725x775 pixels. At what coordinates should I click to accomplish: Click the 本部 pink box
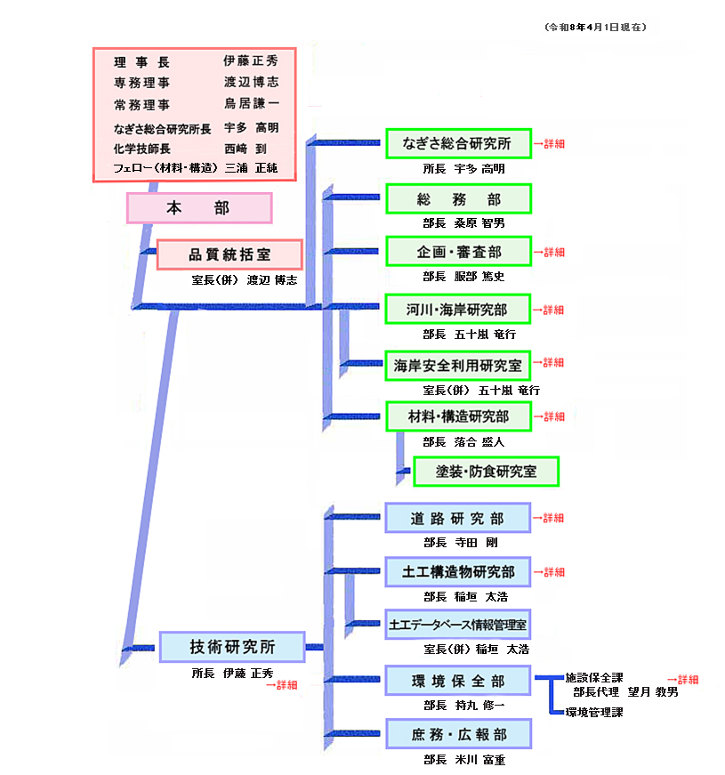[x=198, y=208]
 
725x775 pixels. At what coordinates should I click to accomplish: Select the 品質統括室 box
[x=230, y=254]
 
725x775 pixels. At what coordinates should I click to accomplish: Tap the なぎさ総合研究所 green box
[x=457, y=143]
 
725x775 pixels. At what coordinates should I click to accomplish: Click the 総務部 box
[x=457, y=198]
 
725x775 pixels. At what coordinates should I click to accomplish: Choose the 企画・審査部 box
[x=457, y=252]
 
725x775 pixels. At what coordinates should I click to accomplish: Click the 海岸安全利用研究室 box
[x=457, y=364]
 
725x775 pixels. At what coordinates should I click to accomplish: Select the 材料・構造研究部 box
[x=457, y=416]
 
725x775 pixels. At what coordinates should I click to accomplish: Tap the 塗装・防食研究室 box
[x=486, y=472]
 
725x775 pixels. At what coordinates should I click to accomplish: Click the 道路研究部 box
[x=457, y=518]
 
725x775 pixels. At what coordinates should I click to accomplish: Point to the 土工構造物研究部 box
[x=457, y=572]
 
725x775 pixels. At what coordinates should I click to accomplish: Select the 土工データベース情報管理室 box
[x=457, y=626]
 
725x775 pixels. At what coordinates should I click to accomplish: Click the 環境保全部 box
[x=457, y=681]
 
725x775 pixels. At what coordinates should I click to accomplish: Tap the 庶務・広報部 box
[x=457, y=734]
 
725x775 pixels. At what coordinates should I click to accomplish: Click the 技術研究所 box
[x=231, y=647]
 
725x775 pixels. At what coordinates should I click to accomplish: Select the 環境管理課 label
[x=594, y=712]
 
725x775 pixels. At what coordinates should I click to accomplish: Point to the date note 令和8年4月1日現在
[x=595, y=28]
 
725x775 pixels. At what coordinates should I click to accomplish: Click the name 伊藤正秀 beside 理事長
[x=250, y=61]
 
